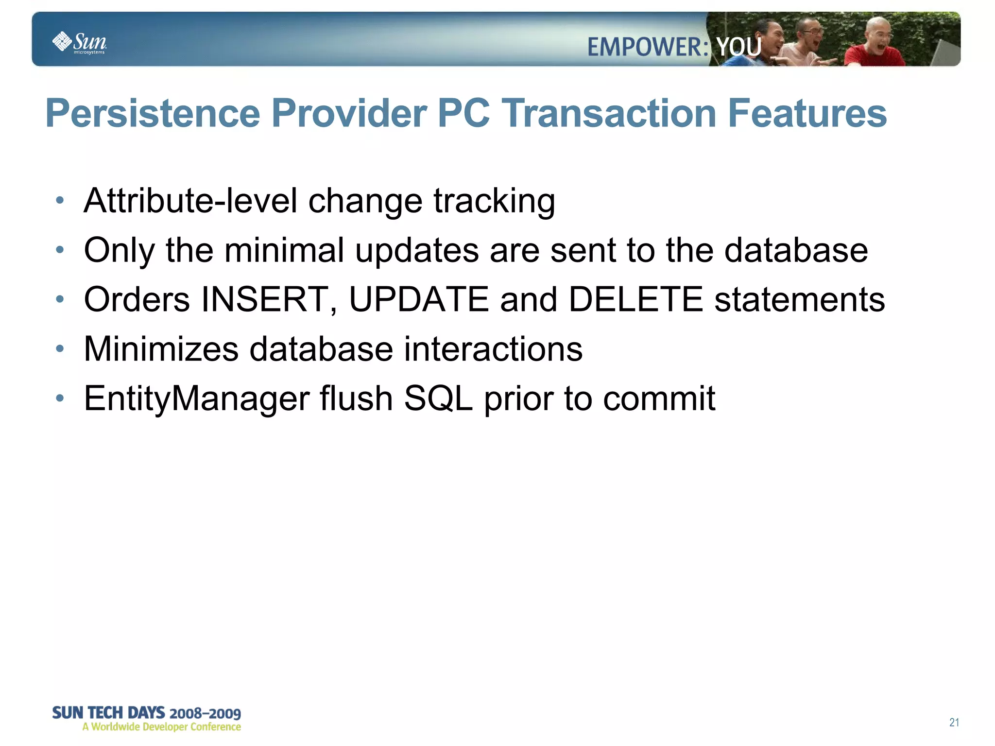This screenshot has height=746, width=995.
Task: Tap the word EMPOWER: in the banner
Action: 648,47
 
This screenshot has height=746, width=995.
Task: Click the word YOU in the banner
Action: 739,47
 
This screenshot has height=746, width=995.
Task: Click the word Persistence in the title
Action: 153,113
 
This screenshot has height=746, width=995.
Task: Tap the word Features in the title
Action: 807,113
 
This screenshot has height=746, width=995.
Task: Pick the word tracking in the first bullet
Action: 494,201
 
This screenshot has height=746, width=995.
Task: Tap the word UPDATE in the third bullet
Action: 419,299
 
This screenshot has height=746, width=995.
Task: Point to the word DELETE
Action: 635,299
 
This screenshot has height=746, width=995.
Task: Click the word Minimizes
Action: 161,349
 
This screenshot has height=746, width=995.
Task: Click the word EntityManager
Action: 196,399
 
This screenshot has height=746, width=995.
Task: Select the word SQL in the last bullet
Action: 438,399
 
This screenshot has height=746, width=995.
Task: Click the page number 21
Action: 954,722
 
